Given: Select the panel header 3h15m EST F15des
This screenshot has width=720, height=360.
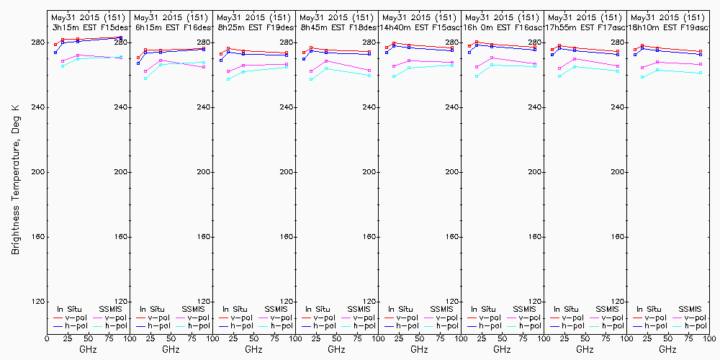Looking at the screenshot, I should pyautogui.click(x=88, y=27).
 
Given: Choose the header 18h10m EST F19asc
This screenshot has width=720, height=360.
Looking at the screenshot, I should pyautogui.click(x=669, y=27).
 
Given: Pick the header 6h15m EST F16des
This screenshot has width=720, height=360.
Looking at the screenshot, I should pyautogui.click(x=171, y=27).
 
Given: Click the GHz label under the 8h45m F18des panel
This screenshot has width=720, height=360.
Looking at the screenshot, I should pyautogui.click(x=336, y=349).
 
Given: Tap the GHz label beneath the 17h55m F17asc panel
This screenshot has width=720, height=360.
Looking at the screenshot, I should pyautogui.click(x=585, y=349).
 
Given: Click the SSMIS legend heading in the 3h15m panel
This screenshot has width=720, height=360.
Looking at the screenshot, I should pyautogui.click(x=110, y=309).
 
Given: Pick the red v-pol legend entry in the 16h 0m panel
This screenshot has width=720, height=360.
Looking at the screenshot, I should pyautogui.click(x=488, y=318).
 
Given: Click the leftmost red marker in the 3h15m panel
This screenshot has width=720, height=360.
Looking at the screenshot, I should pyautogui.click(x=55, y=45).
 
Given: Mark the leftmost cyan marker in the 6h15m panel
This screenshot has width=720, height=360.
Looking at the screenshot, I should pyautogui.click(x=145, y=78).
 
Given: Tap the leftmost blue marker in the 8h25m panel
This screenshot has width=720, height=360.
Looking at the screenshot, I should pyautogui.click(x=221, y=60).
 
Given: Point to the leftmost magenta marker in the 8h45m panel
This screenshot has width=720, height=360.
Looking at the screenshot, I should pyautogui.click(x=311, y=71).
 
